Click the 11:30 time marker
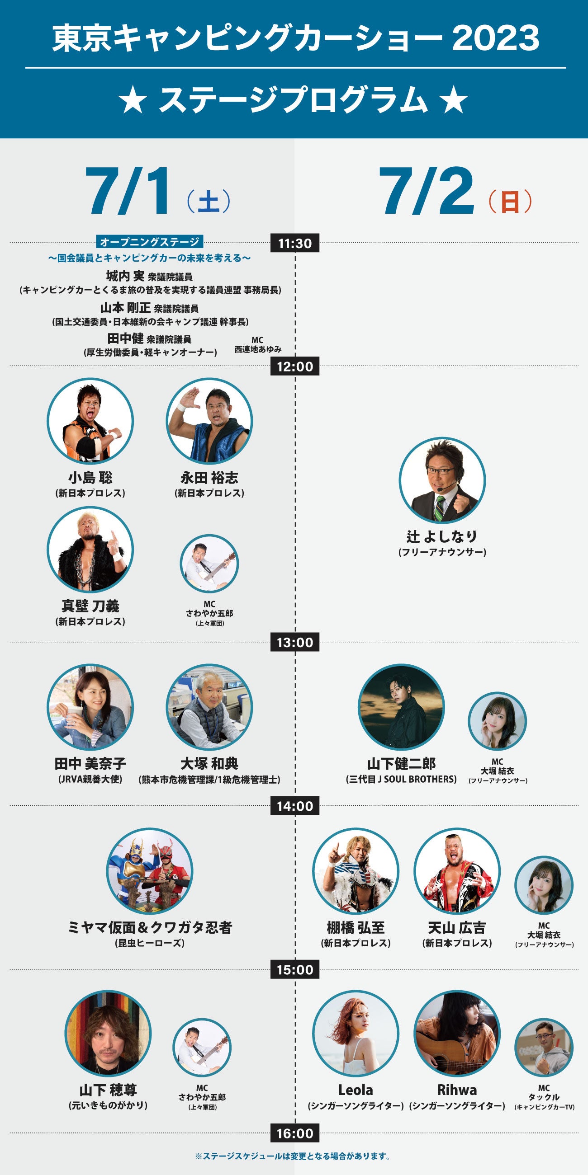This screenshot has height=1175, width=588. click(294, 243)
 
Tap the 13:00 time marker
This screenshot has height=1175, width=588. click(294, 642)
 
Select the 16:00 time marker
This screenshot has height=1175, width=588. click(294, 1133)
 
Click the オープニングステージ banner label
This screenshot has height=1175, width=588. click(150, 242)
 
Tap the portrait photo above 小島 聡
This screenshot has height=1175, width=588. click(90, 421)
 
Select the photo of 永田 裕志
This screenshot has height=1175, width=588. click(209, 421)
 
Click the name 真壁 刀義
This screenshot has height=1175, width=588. click(90, 606)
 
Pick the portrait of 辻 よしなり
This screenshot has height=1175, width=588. click(442, 480)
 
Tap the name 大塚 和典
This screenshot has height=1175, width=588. click(209, 764)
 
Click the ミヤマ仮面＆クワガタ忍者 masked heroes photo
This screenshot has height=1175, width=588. click(150, 871)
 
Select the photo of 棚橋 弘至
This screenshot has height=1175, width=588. click(356, 871)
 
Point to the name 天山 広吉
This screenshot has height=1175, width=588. click(456, 928)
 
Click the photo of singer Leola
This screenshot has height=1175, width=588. click(356, 1034)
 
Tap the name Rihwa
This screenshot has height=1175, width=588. click(456, 1090)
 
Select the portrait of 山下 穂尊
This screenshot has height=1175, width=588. click(108, 1034)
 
